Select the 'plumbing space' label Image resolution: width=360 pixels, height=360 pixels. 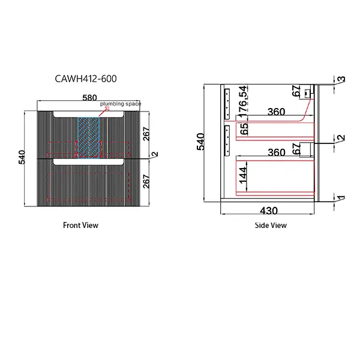click(x=121, y=104)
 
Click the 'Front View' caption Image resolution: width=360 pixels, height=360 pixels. click(x=80, y=226)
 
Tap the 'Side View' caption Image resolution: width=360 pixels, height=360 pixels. click(x=271, y=226)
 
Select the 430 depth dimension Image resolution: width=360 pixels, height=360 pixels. click(x=268, y=211)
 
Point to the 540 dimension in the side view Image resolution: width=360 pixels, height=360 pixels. click(x=201, y=141)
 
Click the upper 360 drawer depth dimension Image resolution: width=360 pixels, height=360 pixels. click(x=276, y=112)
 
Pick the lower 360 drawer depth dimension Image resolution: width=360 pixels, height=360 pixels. click(x=276, y=152)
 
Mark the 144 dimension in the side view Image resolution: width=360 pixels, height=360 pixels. click(x=243, y=175)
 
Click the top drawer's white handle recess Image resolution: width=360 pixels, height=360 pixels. click(x=88, y=113)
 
